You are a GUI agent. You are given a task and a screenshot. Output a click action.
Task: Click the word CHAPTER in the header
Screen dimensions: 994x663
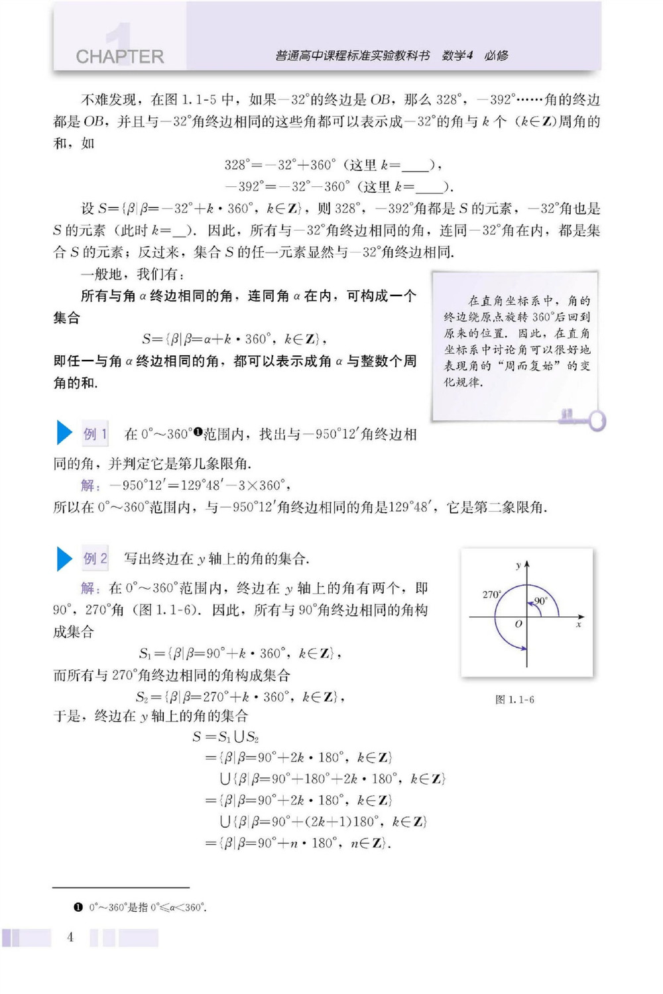click(x=120, y=56)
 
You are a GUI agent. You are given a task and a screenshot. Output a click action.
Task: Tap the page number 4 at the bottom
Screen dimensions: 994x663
click(x=70, y=937)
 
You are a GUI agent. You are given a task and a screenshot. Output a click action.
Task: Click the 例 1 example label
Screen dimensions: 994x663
click(x=95, y=434)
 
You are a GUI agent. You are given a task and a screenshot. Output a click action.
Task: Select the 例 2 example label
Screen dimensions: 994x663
click(x=95, y=559)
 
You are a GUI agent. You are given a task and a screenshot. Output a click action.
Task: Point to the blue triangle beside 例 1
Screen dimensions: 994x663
click(x=64, y=433)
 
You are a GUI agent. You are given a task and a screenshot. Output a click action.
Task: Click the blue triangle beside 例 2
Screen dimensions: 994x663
click(x=64, y=558)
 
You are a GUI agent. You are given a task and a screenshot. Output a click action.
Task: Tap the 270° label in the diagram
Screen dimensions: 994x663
click(x=491, y=594)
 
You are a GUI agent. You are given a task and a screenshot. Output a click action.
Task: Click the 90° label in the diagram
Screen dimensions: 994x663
click(x=540, y=601)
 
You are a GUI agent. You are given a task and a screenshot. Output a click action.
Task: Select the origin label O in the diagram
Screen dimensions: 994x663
click(x=518, y=624)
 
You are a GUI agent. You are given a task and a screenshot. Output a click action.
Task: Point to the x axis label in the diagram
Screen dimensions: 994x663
click(x=579, y=624)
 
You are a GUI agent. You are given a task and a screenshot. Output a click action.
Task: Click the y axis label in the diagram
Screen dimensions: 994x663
click(x=518, y=565)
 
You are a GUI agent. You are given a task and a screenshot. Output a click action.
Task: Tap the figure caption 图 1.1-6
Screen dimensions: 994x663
click(x=514, y=699)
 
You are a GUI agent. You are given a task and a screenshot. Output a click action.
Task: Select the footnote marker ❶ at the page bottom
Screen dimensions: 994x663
click(x=78, y=907)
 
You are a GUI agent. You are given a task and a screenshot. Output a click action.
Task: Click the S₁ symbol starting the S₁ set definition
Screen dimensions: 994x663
click(x=145, y=654)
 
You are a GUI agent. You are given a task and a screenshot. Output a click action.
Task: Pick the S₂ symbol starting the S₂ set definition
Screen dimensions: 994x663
click(x=142, y=697)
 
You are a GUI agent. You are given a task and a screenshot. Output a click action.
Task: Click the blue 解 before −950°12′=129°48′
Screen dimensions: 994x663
click(x=90, y=486)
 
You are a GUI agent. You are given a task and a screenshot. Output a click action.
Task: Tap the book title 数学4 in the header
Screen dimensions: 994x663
click(x=457, y=56)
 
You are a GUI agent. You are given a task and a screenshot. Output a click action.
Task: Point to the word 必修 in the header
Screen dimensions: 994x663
click(x=497, y=56)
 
